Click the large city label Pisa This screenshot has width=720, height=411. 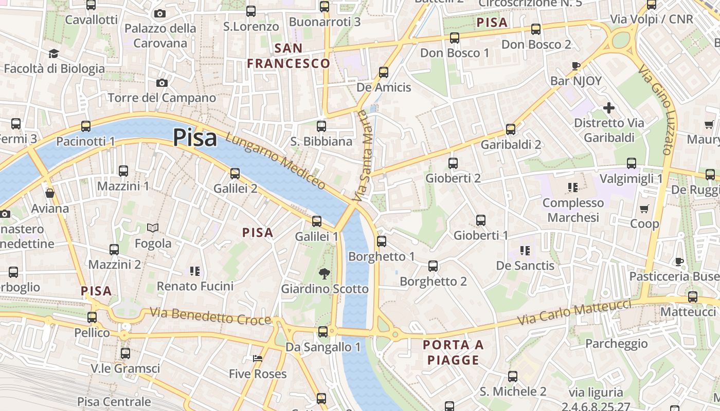[x=194, y=137]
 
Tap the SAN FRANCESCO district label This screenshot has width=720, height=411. [x=289, y=56]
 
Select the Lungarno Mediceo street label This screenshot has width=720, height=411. [x=276, y=160]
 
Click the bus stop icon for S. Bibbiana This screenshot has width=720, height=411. [x=321, y=126]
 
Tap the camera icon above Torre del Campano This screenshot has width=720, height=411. [x=161, y=83]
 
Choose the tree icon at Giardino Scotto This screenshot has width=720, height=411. [x=325, y=273]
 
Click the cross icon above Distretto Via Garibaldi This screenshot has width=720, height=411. [x=608, y=108]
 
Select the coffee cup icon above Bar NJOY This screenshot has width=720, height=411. [x=575, y=66]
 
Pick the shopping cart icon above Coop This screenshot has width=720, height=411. [x=644, y=209]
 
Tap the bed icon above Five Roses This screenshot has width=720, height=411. [x=258, y=358]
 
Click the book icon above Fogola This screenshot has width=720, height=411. [x=153, y=228]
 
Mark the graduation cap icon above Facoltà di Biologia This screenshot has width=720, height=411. [x=53, y=53]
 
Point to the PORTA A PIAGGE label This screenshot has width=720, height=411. [x=454, y=352]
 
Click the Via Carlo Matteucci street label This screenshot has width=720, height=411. [x=573, y=312]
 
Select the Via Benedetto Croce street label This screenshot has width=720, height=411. [x=210, y=316]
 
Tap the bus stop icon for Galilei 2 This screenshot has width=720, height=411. [x=235, y=173]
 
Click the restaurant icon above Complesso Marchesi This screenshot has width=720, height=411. [x=573, y=188]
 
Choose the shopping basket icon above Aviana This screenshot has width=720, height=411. [x=50, y=193]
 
